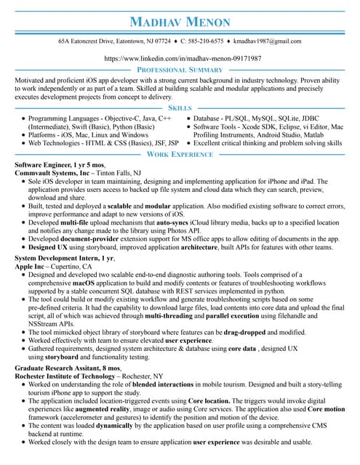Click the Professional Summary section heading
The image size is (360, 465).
[180, 70]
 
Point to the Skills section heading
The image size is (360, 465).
[180, 108]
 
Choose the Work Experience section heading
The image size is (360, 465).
[180, 155]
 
